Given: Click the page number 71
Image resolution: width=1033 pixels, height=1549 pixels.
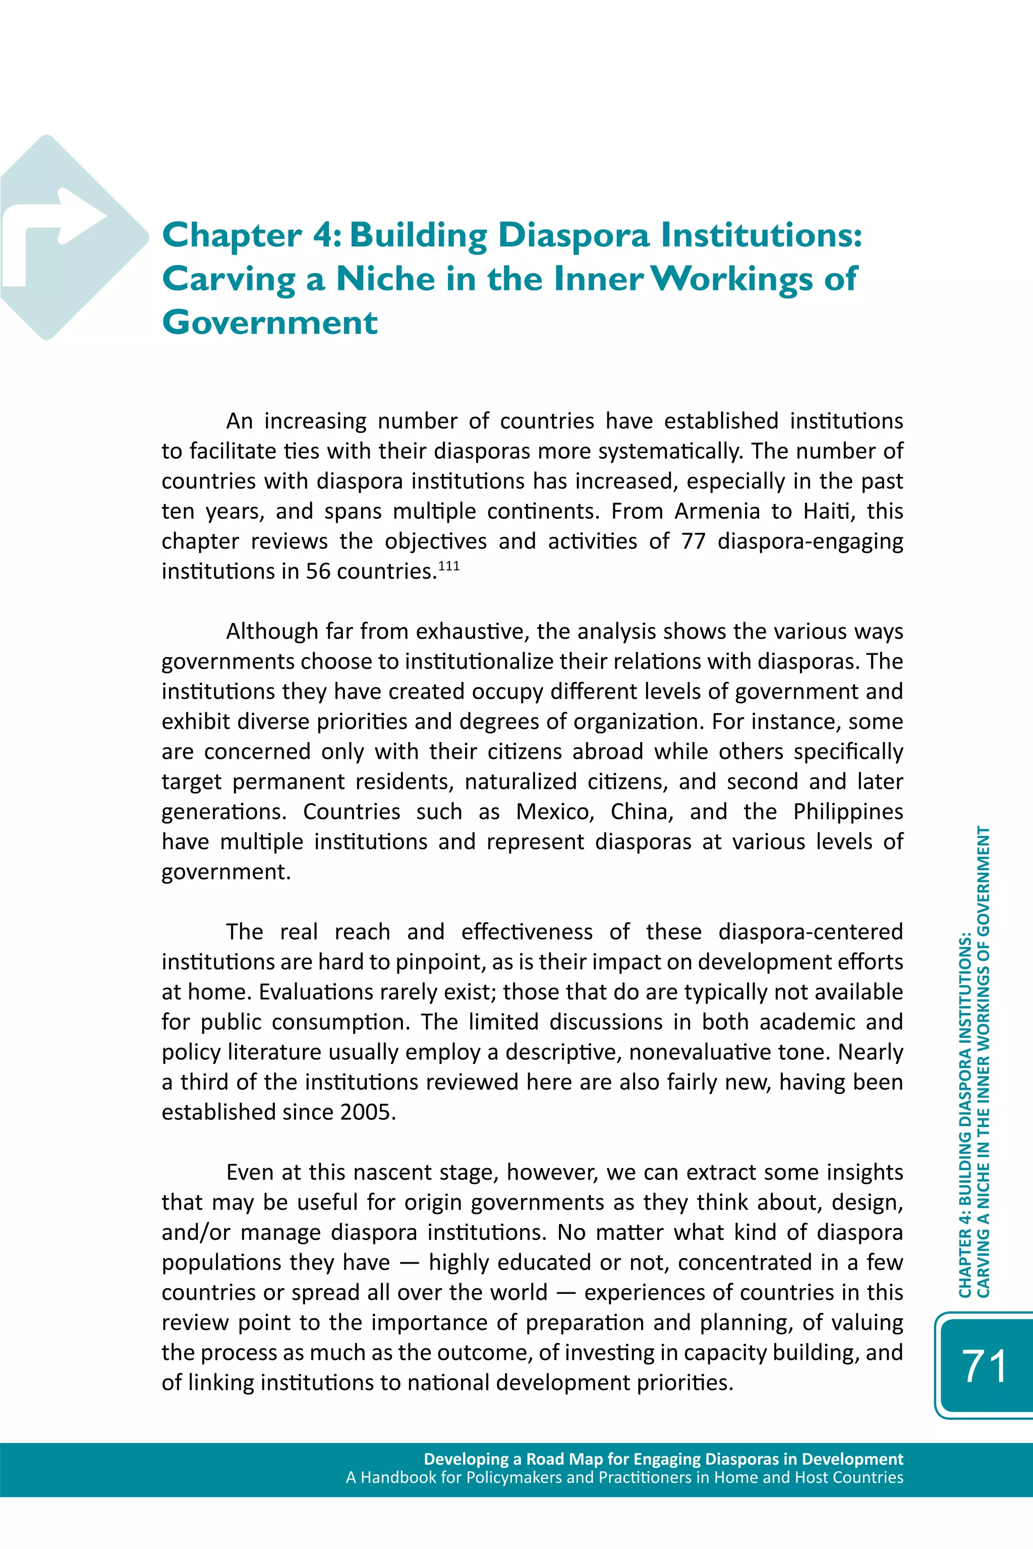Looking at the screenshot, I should (x=984, y=1366).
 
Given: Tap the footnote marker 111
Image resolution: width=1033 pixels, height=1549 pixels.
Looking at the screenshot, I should (x=448, y=566).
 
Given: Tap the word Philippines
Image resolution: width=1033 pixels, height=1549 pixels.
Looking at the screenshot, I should (x=847, y=812).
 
